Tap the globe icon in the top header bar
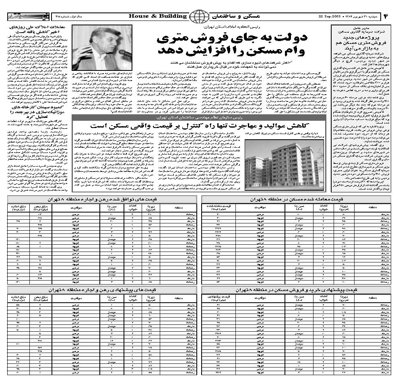click(197, 17)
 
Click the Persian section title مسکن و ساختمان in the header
click(230, 16)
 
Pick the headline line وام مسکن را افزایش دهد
click(232, 51)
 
